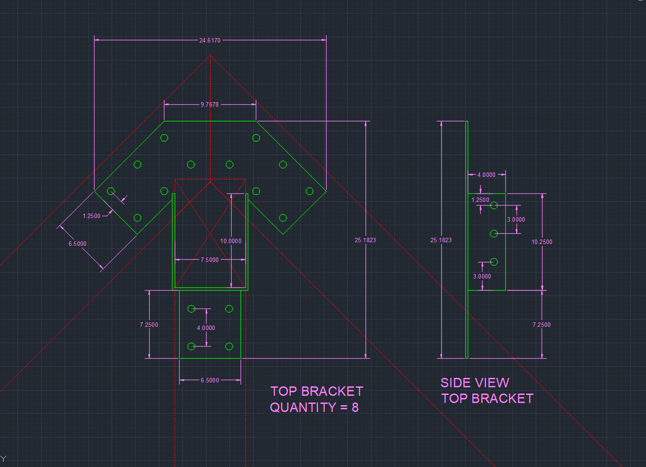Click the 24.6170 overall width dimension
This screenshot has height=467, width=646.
(x=210, y=40)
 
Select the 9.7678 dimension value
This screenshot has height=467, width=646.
(x=210, y=104)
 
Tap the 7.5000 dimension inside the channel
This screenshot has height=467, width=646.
(x=210, y=260)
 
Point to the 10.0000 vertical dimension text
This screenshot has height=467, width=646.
(x=231, y=241)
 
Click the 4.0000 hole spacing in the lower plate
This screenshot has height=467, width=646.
(x=206, y=328)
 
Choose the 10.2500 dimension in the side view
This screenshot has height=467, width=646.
(x=542, y=242)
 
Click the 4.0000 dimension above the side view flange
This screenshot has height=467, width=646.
(x=487, y=175)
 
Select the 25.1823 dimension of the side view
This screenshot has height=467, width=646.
(x=441, y=240)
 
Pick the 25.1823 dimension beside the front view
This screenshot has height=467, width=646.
(x=366, y=240)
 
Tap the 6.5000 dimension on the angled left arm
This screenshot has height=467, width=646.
(x=78, y=244)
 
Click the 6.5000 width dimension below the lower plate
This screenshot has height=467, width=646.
(x=210, y=380)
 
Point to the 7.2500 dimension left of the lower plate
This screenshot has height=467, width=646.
(x=149, y=325)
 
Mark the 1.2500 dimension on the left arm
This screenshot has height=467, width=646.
(x=91, y=216)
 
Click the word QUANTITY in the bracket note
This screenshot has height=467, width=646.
(x=303, y=407)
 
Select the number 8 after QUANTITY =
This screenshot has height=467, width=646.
(x=355, y=407)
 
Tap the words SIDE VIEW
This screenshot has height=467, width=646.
(x=475, y=383)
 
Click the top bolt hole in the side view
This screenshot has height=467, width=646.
(x=494, y=206)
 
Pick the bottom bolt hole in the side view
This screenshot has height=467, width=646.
(x=494, y=262)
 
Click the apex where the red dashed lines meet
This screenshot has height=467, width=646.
(x=210, y=56)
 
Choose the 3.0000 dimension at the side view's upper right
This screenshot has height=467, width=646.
(x=516, y=219)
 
